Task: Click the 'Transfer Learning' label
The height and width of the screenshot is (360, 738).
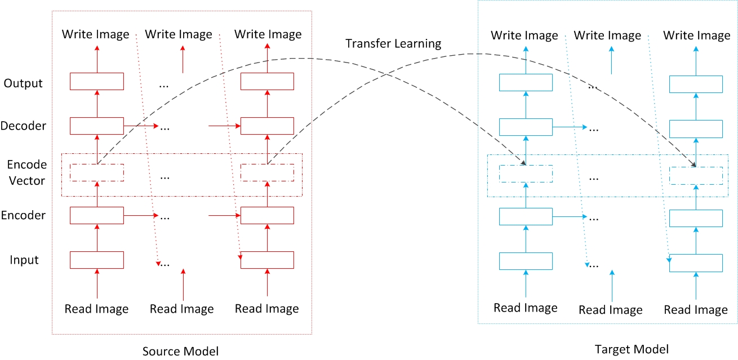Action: coord(393,43)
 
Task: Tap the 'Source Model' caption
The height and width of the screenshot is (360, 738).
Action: coord(180,350)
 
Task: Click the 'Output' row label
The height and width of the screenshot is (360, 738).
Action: coord(23,83)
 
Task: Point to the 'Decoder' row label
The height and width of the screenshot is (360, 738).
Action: coord(24,126)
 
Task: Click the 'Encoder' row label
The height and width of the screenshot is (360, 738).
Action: coord(24,215)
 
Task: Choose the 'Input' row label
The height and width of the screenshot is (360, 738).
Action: coord(24,260)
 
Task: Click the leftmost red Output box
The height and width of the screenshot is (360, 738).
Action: coord(96,81)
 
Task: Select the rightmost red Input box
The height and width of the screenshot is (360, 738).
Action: coord(267,260)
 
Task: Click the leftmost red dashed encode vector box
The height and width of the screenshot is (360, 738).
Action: coord(96,172)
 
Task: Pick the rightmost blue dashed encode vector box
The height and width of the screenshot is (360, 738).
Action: coord(696,175)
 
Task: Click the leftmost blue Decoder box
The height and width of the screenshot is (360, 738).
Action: coord(526,127)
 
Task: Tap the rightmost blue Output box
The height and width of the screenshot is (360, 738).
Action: coord(696,83)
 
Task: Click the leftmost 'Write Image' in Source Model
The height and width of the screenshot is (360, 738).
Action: coord(96,34)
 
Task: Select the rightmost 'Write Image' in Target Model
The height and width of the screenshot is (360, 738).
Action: coord(696,36)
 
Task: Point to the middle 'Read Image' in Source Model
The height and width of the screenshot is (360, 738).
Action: coord(182,309)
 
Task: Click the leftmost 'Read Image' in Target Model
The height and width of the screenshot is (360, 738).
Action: coord(525,308)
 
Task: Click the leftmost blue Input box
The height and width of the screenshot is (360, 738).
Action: coord(526,261)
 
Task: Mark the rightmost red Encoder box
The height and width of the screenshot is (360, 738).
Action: coord(267,215)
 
